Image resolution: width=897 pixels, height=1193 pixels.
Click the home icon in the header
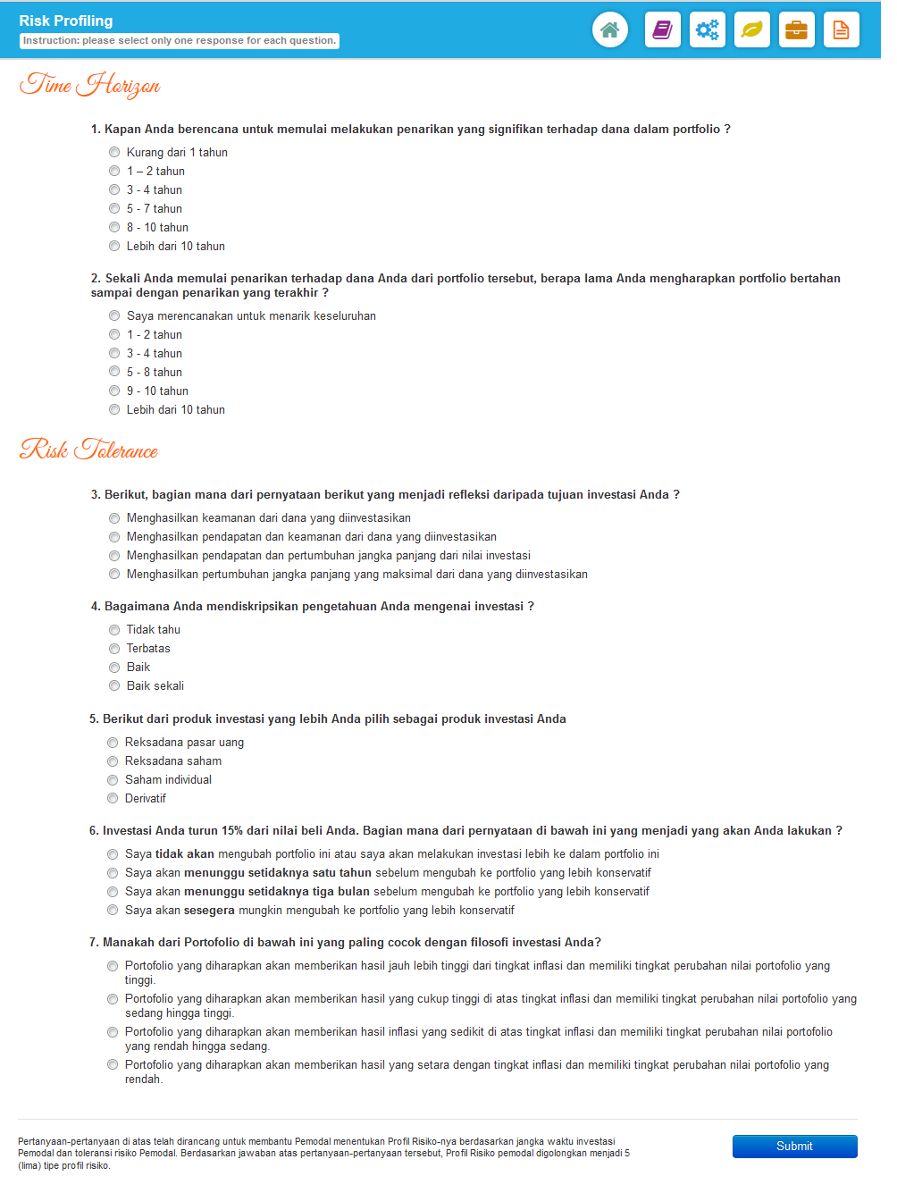pyautogui.click(x=610, y=29)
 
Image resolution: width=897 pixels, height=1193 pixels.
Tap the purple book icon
pyautogui.click(x=663, y=29)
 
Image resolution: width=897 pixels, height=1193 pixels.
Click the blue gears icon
pyautogui.click(x=708, y=29)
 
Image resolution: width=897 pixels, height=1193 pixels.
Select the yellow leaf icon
pyautogui.click(x=752, y=29)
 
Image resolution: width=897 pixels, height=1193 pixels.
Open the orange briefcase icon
pyautogui.click(x=797, y=29)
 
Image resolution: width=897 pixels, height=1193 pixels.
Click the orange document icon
pyautogui.click(x=842, y=29)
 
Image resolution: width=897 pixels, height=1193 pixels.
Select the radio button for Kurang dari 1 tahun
pyautogui.click(x=114, y=152)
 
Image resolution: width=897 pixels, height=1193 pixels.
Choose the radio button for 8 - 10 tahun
pyautogui.click(x=114, y=227)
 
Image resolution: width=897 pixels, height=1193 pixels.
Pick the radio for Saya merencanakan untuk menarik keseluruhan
pyautogui.click(x=114, y=315)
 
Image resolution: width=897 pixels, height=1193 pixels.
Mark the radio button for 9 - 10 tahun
pyautogui.click(x=114, y=391)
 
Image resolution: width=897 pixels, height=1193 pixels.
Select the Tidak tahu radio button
pyautogui.click(x=114, y=630)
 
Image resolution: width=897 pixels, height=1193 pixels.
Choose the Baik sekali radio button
pyautogui.click(x=114, y=685)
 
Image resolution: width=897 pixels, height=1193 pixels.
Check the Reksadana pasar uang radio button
pyautogui.click(x=113, y=743)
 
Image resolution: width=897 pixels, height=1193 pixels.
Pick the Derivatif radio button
pyautogui.click(x=113, y=798)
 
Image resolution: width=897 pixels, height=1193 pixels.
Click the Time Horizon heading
pyautogui.click(x=89, y=85)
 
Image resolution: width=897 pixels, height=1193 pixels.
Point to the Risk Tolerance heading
pyautogui.click(x=88, y=449)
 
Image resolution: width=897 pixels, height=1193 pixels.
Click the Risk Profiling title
pyautogui.click(x=66, y=21)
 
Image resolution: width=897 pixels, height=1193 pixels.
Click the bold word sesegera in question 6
pyautogui.click(x=209, y=910)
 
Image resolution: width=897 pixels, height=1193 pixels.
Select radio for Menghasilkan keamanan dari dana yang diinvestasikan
pyautogui.click(x=114, y=518)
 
